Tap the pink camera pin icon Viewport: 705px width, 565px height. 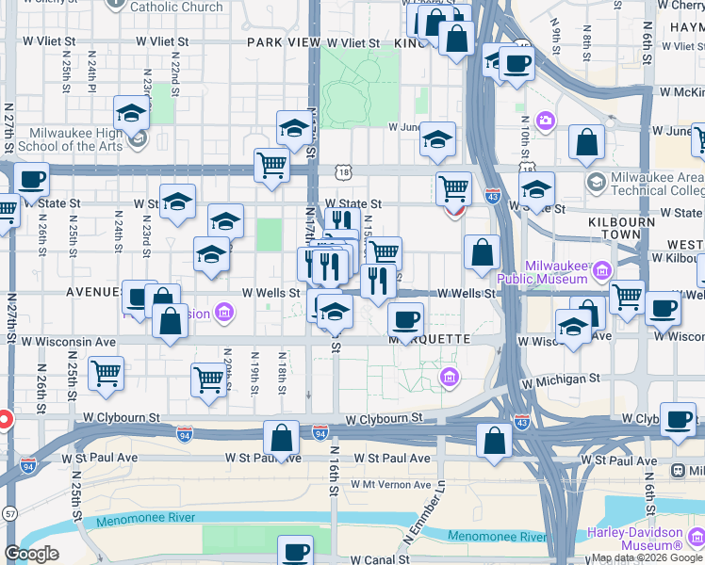[545, 121]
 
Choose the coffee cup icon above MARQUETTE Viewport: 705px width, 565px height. [405, 320]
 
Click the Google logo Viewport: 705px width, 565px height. [31, 555]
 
